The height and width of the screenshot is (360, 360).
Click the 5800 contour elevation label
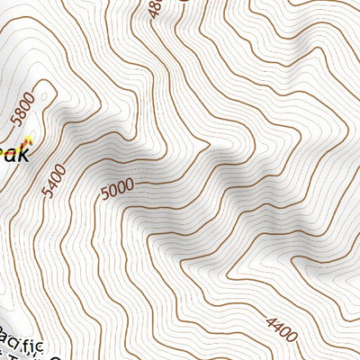(x=22, y=109)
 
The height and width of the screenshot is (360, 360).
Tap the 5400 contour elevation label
(x=54, y=181)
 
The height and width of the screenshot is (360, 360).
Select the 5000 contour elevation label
(x=117, y=189)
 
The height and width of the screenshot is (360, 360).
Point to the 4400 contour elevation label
(x=282, y=330)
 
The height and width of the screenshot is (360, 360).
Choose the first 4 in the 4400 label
(x=271, y=323)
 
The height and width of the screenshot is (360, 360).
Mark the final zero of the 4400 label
(x=292, y=337)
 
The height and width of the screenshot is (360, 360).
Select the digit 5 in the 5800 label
(x=14, y=121)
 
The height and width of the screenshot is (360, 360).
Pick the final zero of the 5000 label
(x=130, y=185)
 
